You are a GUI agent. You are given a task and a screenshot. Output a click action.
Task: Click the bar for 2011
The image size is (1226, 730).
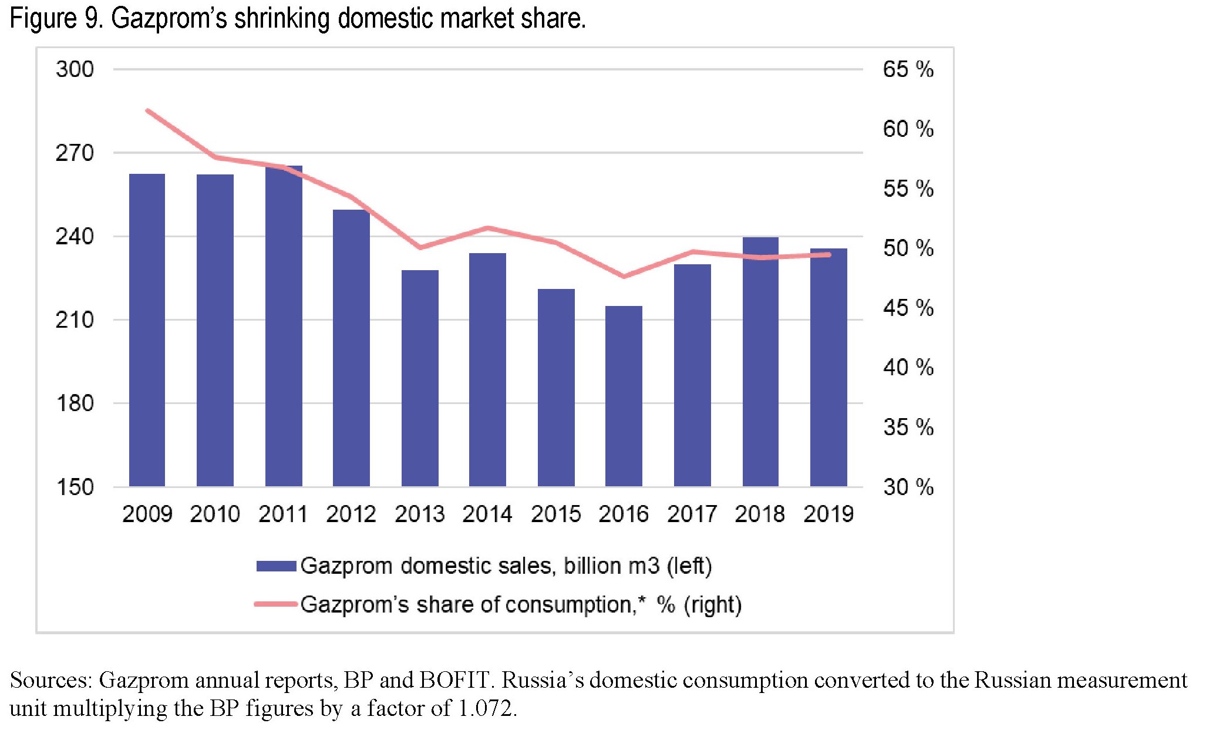(284, 327)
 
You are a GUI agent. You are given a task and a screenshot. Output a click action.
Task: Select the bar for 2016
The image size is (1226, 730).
(624, 396)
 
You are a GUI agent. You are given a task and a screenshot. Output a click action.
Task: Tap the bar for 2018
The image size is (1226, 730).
(760, 362)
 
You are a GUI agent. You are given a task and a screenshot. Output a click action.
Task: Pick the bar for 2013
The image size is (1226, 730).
(420, 378)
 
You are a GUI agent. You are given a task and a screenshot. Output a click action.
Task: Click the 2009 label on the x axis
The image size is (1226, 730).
(147, 514)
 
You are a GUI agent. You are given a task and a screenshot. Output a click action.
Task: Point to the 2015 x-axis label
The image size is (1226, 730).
(555, 514)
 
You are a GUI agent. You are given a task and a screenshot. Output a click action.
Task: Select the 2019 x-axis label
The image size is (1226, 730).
(828, 514)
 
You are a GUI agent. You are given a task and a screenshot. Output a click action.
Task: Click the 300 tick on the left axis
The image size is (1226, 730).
(75, 69)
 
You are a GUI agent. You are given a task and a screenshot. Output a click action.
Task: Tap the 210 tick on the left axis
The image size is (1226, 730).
(75, 320)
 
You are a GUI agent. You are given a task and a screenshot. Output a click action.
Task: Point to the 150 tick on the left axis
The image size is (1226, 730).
(75, 487)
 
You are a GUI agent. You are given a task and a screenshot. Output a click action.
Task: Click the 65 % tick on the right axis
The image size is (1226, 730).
(908, 69)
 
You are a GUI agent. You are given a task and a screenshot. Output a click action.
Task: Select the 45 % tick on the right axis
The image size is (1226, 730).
(908, 308)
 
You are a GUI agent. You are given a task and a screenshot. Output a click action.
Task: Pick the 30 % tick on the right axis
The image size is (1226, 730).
(908, 487)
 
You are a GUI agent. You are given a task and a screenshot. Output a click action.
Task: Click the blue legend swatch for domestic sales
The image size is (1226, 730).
(276, 566)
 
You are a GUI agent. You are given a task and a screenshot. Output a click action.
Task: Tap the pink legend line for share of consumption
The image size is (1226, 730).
(276, 604)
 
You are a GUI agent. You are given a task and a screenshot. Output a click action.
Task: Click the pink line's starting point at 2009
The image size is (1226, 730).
(147, 110)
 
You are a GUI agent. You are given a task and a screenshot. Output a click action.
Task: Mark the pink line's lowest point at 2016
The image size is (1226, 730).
(624, 276)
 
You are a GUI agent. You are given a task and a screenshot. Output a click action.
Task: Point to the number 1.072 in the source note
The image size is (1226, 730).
(486, 708)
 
